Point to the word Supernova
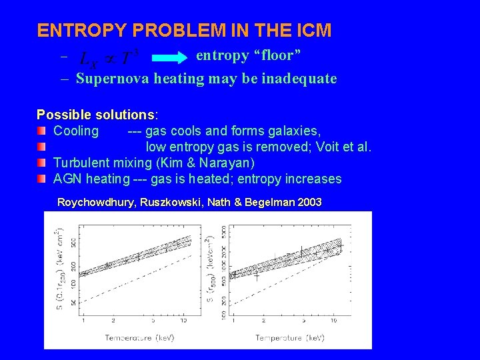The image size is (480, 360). point(113,79)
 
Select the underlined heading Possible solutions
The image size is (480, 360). point(95,115)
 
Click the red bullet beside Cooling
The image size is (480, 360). point(42,131)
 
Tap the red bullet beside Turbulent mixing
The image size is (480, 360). point(42,163)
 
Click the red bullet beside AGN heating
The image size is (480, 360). point(42,179)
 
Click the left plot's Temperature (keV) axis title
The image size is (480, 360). point(139,338)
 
